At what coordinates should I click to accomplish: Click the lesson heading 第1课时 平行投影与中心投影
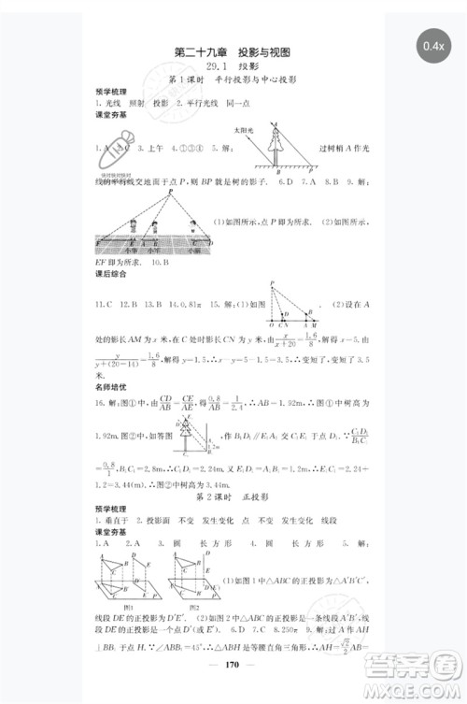(x=233, y=82)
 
